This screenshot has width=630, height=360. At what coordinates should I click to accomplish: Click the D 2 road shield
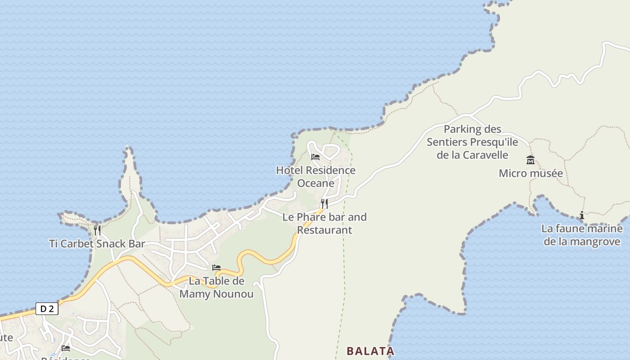point(47,309)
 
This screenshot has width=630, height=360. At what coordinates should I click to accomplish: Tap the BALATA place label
point(370,351)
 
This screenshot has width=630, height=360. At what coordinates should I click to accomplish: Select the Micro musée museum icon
point(531,160)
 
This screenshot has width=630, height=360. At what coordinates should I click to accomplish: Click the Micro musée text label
point(531,173)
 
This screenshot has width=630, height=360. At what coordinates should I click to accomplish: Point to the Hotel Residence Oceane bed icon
point(315,157)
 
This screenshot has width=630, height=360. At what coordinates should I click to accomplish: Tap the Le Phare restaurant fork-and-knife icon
point(324,204)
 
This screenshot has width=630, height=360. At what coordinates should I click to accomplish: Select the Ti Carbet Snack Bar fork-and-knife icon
point(97,230)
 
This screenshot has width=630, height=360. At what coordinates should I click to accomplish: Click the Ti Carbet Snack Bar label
point(97,244)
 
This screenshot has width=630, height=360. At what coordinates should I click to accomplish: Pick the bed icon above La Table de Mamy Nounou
point(216,268)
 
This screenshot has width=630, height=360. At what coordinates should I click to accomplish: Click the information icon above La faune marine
point(582,216)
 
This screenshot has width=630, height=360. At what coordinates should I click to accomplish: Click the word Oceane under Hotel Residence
point(315,183)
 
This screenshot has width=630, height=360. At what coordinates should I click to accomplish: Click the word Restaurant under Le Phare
point(324,230)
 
